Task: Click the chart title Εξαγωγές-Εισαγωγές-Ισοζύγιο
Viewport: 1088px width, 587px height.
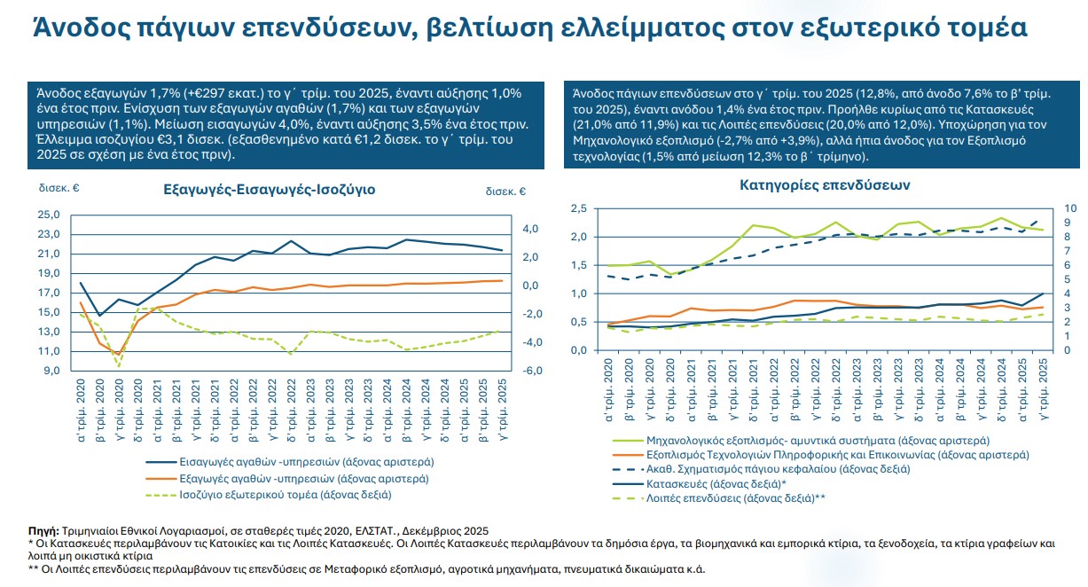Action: [270, 190]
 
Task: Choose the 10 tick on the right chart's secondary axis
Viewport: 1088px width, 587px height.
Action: [1069, 208]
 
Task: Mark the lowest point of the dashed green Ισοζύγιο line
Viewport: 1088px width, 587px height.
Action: [119, 366]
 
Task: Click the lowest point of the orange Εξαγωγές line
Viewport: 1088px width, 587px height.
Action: [119, 355]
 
